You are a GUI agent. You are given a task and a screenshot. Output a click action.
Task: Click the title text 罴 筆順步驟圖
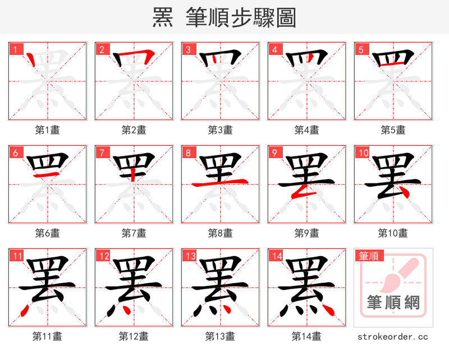pos(224,18)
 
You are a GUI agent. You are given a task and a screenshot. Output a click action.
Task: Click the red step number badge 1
pos(15,49)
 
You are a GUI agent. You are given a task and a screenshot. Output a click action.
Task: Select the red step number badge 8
pos(188,153)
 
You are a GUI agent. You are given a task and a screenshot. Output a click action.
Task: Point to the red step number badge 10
pos(363,153)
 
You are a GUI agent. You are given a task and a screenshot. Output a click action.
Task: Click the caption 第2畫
pos(134,130)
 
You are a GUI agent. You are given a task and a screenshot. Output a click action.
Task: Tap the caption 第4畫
pos(306,130)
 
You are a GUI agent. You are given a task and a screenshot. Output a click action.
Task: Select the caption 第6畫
pos(47,233)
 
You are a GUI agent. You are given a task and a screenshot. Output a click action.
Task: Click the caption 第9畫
pos(306,233)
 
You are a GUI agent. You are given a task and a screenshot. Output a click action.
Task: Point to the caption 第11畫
pos(47,336)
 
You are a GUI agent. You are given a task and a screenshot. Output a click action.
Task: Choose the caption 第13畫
pos(220,336)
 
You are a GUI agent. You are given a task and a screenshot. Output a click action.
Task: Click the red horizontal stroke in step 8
pos(220,183)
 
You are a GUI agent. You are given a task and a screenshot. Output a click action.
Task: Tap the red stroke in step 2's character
pos(135,56)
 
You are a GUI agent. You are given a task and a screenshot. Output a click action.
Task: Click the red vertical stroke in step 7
pos(133,174)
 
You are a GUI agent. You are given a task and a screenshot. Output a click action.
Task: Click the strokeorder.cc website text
pos(393,336)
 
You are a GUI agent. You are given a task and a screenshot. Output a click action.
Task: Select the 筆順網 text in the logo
pos(393,303)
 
